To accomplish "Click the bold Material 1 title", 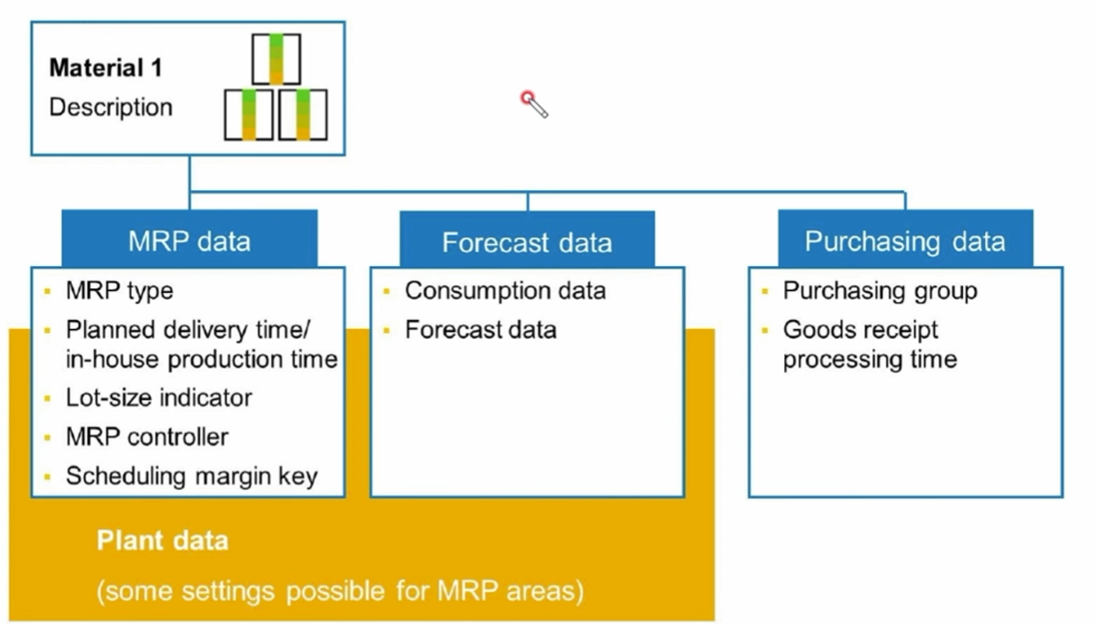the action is tap(106, 68).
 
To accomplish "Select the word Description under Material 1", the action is tap(111, 107).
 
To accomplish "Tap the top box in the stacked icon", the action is tap(276, 59).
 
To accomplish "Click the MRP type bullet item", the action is tap(120, 291).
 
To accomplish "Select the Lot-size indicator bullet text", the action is tap(158, 398).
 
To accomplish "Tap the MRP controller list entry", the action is tap(147, 437).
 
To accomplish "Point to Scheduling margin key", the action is tap(192, 476).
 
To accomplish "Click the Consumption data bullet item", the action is tap(505, 291).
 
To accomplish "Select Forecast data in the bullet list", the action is tap(481, 330).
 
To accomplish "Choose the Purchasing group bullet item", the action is tap(880, 292).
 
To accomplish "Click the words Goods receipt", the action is tap(860, 331).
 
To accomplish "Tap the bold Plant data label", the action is tap(162, 541).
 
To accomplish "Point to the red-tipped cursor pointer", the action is tap(534, 104).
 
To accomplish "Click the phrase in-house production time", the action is tap(202, 359).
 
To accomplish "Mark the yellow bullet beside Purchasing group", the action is tap(765, 292).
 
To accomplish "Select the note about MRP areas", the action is tap(340, 591).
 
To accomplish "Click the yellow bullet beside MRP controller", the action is tap(47, 437).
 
